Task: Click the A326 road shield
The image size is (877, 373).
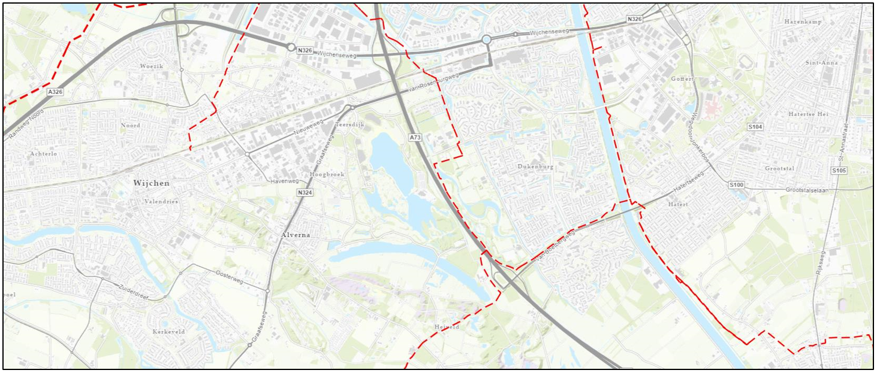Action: pos(55,92)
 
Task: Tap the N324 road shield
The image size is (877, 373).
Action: pos(305,193)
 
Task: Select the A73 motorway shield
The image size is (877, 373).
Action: pos(415,138)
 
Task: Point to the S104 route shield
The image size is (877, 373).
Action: pos(755,127)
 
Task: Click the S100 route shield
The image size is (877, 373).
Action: pos(737,185)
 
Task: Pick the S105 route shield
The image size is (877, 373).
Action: pos(839,171)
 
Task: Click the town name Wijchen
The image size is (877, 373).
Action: pos(151,183)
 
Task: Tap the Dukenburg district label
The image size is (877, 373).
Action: pos(535,167)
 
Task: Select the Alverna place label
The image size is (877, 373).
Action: pos(296,235)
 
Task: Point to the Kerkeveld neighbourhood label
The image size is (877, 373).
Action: pos(168,331)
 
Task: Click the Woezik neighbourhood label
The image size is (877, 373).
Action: pos(151,66)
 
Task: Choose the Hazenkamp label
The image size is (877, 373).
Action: pos(803,22)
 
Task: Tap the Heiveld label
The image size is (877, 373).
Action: pos(447,327)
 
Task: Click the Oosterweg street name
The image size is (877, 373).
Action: pos(229,277)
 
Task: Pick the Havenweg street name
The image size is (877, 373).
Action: pos(284,180)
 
